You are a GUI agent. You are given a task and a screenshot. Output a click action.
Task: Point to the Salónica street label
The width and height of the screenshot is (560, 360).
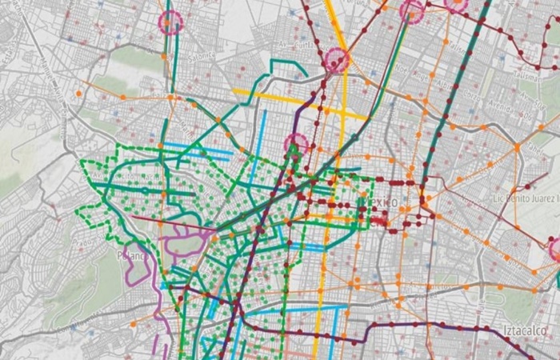click(202, 55)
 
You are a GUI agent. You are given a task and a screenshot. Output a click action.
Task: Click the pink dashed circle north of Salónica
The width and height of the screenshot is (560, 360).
click(170, 22)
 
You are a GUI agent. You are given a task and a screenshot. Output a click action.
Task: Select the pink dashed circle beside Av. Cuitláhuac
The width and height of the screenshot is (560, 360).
click(337, 59)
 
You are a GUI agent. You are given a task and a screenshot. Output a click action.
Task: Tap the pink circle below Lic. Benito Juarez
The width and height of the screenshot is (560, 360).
click(556, 250)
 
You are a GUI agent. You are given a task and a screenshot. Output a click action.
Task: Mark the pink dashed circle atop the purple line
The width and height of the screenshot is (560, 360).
click(296, 145)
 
